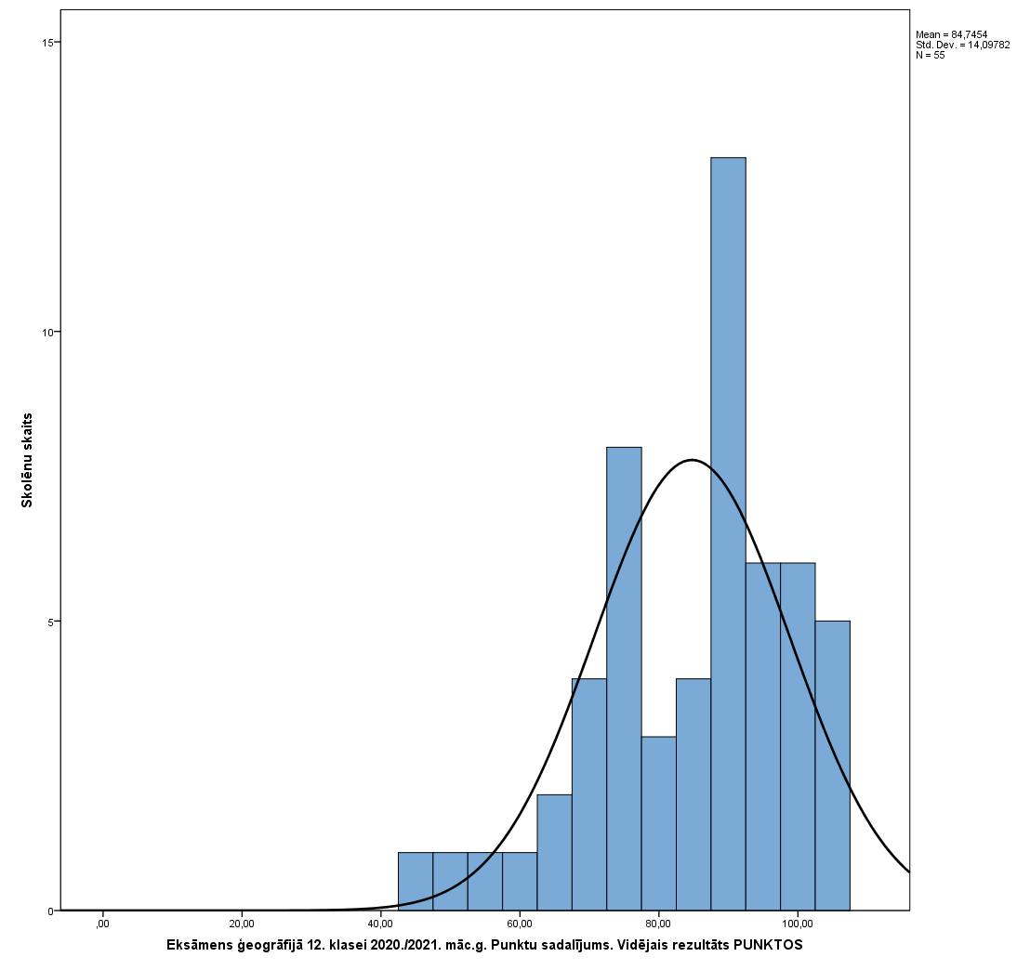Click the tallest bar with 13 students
tap(728, 534)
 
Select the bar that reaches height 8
tap(624, 678)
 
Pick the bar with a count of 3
tap(658, 823)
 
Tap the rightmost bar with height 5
tap(832, 766)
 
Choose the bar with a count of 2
tap(554, 852)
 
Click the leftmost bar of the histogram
tap(415, 881)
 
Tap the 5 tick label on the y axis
tap(51, 622)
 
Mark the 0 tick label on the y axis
tap(51, 911)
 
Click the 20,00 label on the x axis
tap(242, 924)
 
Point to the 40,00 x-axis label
tap(380, 924)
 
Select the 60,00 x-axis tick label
tap(520, 924)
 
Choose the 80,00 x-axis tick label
tap(658, 924)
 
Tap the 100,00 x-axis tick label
tap(798, 924)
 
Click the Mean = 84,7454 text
tap(951, 34)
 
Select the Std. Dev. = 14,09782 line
tap(962, 45)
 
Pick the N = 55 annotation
tap(930, 55)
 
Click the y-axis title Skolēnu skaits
tap(28, 460)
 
